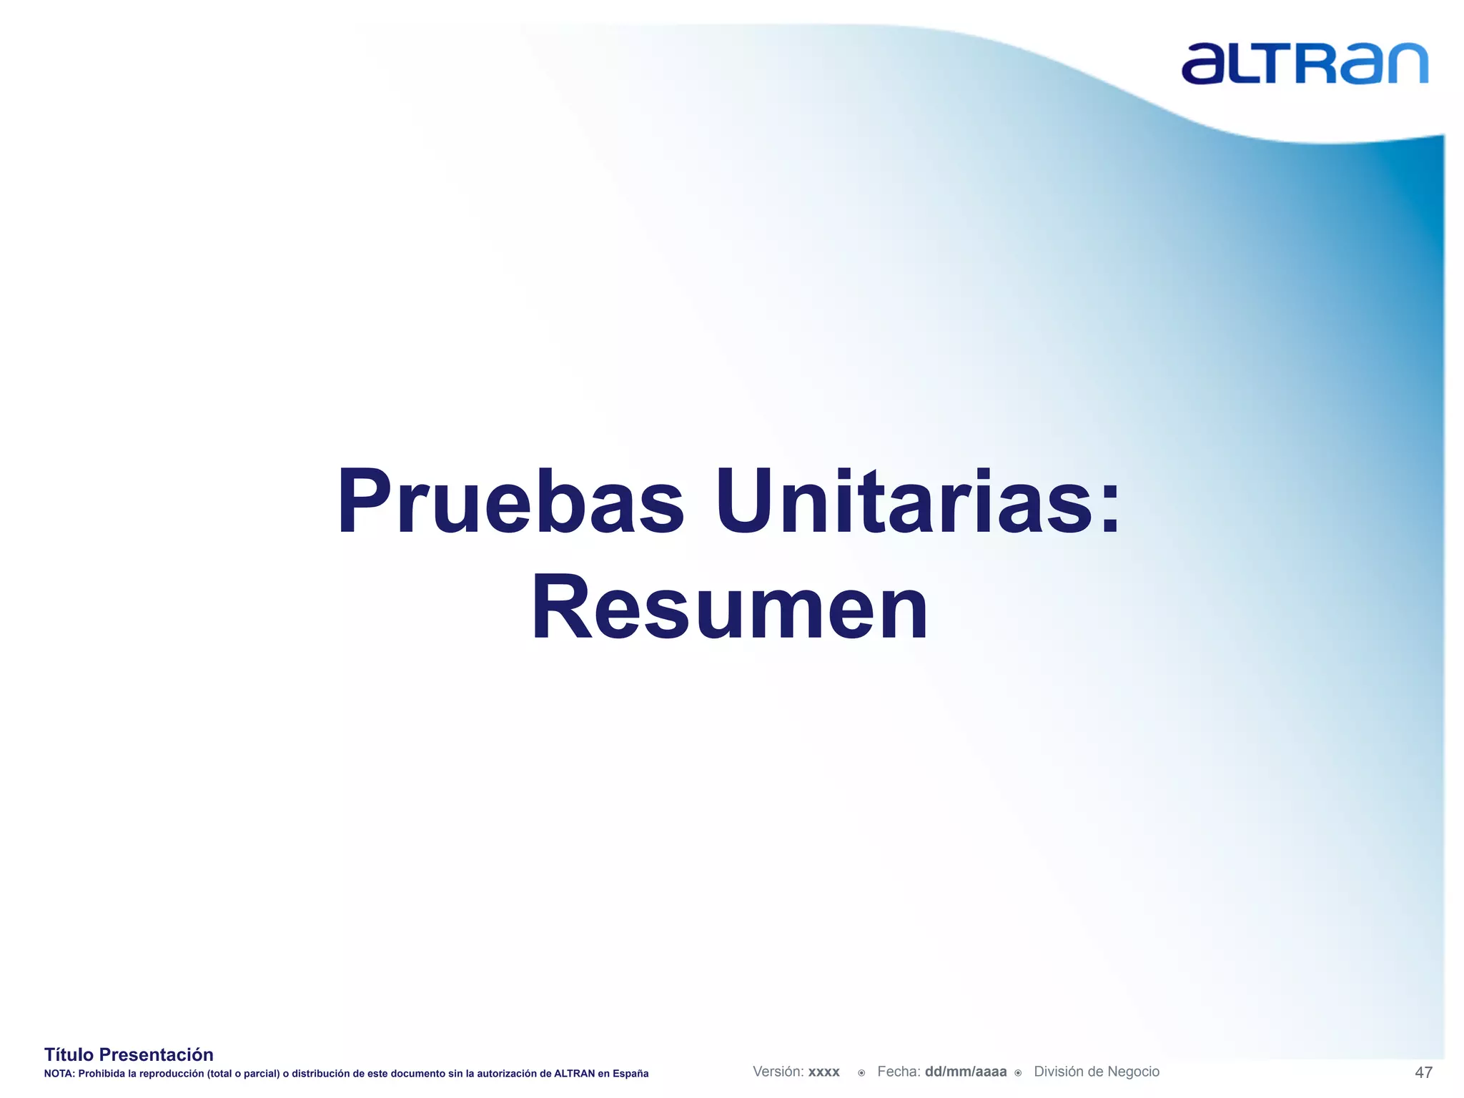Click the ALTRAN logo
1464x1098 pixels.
coord(1304,64)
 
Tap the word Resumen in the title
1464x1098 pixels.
coord(729,608)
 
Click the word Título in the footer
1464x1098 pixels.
coord(69,1054)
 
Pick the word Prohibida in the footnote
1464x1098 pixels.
coord(101,1074)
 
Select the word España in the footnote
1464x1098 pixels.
coord(630,1074)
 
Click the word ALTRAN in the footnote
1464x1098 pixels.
coord(574,1074)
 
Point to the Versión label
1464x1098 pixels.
coord(778,1072)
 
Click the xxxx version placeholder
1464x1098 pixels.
coord(824,1072)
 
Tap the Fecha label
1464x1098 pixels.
coord(899,1072)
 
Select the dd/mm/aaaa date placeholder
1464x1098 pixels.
coord(966,1072)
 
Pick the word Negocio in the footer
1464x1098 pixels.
coord(1134,1072)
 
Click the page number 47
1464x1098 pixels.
coord(1423,1072)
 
